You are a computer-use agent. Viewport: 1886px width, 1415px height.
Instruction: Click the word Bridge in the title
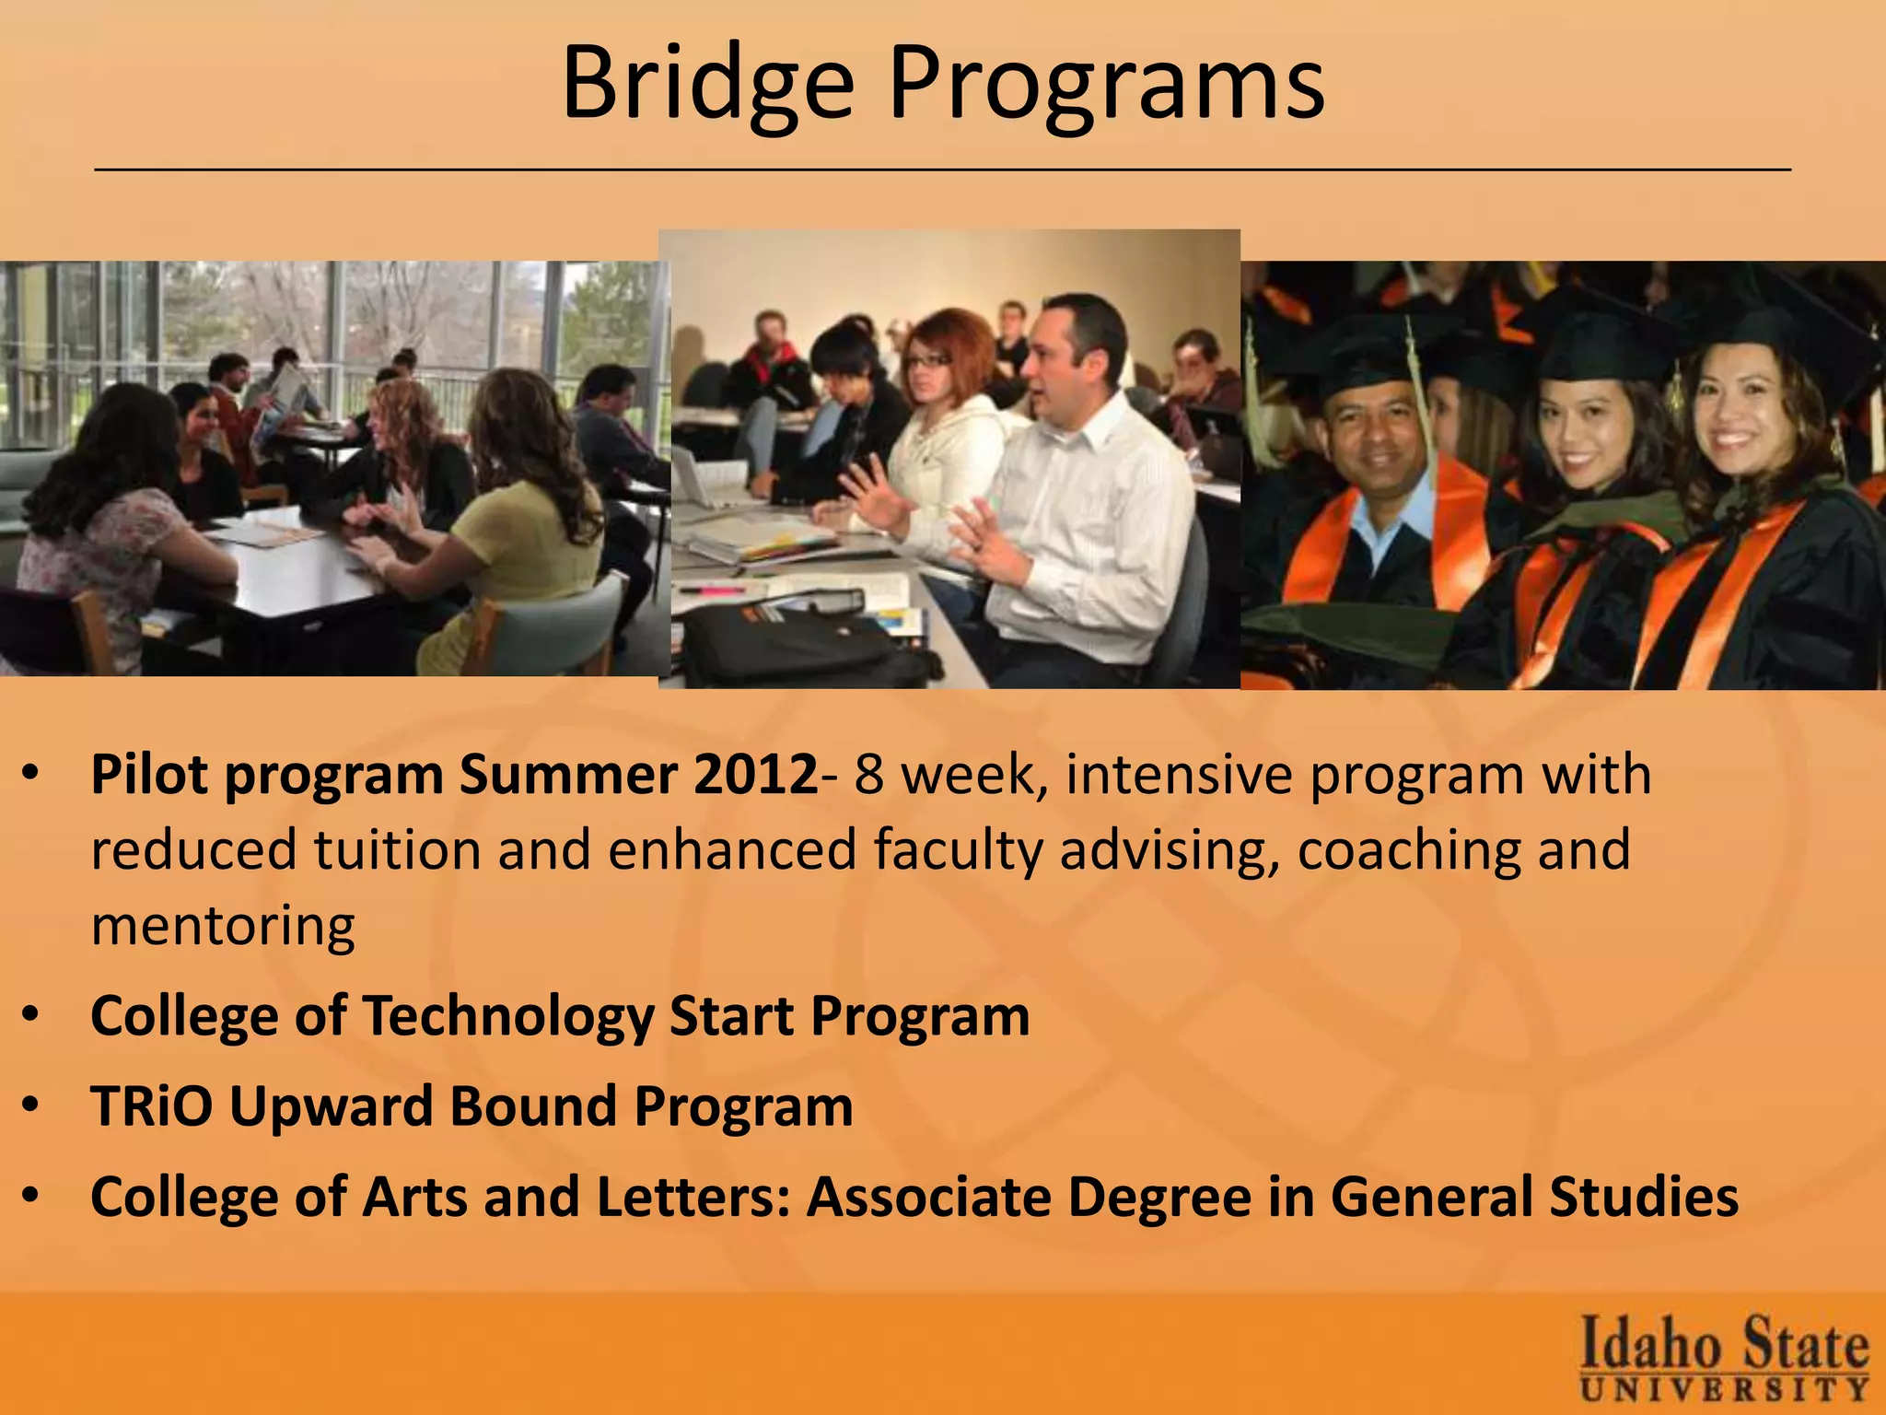(707, 85)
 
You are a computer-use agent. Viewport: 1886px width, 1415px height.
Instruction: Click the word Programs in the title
(1105, 85)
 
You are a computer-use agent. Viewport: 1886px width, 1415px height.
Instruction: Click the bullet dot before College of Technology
(31, 1015)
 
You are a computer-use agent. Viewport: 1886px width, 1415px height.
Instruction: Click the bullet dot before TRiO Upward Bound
(31, 1105)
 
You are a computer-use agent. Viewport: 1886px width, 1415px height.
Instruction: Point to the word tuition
(397, 849)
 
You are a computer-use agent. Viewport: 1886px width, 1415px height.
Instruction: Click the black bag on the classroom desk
(810, 645)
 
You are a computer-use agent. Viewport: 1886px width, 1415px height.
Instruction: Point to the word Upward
(332, 1105)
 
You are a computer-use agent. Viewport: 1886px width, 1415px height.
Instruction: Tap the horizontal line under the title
(943, 170)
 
